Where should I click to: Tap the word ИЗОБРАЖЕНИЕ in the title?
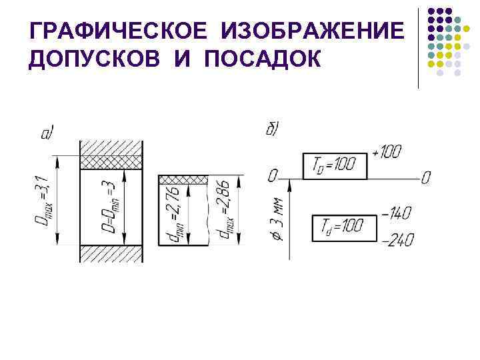(313, 31)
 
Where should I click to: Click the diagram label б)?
(273, 129)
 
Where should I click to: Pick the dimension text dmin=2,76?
(173, 213)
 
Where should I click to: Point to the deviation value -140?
(397, 213)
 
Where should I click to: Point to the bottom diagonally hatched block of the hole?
(111, 253)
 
